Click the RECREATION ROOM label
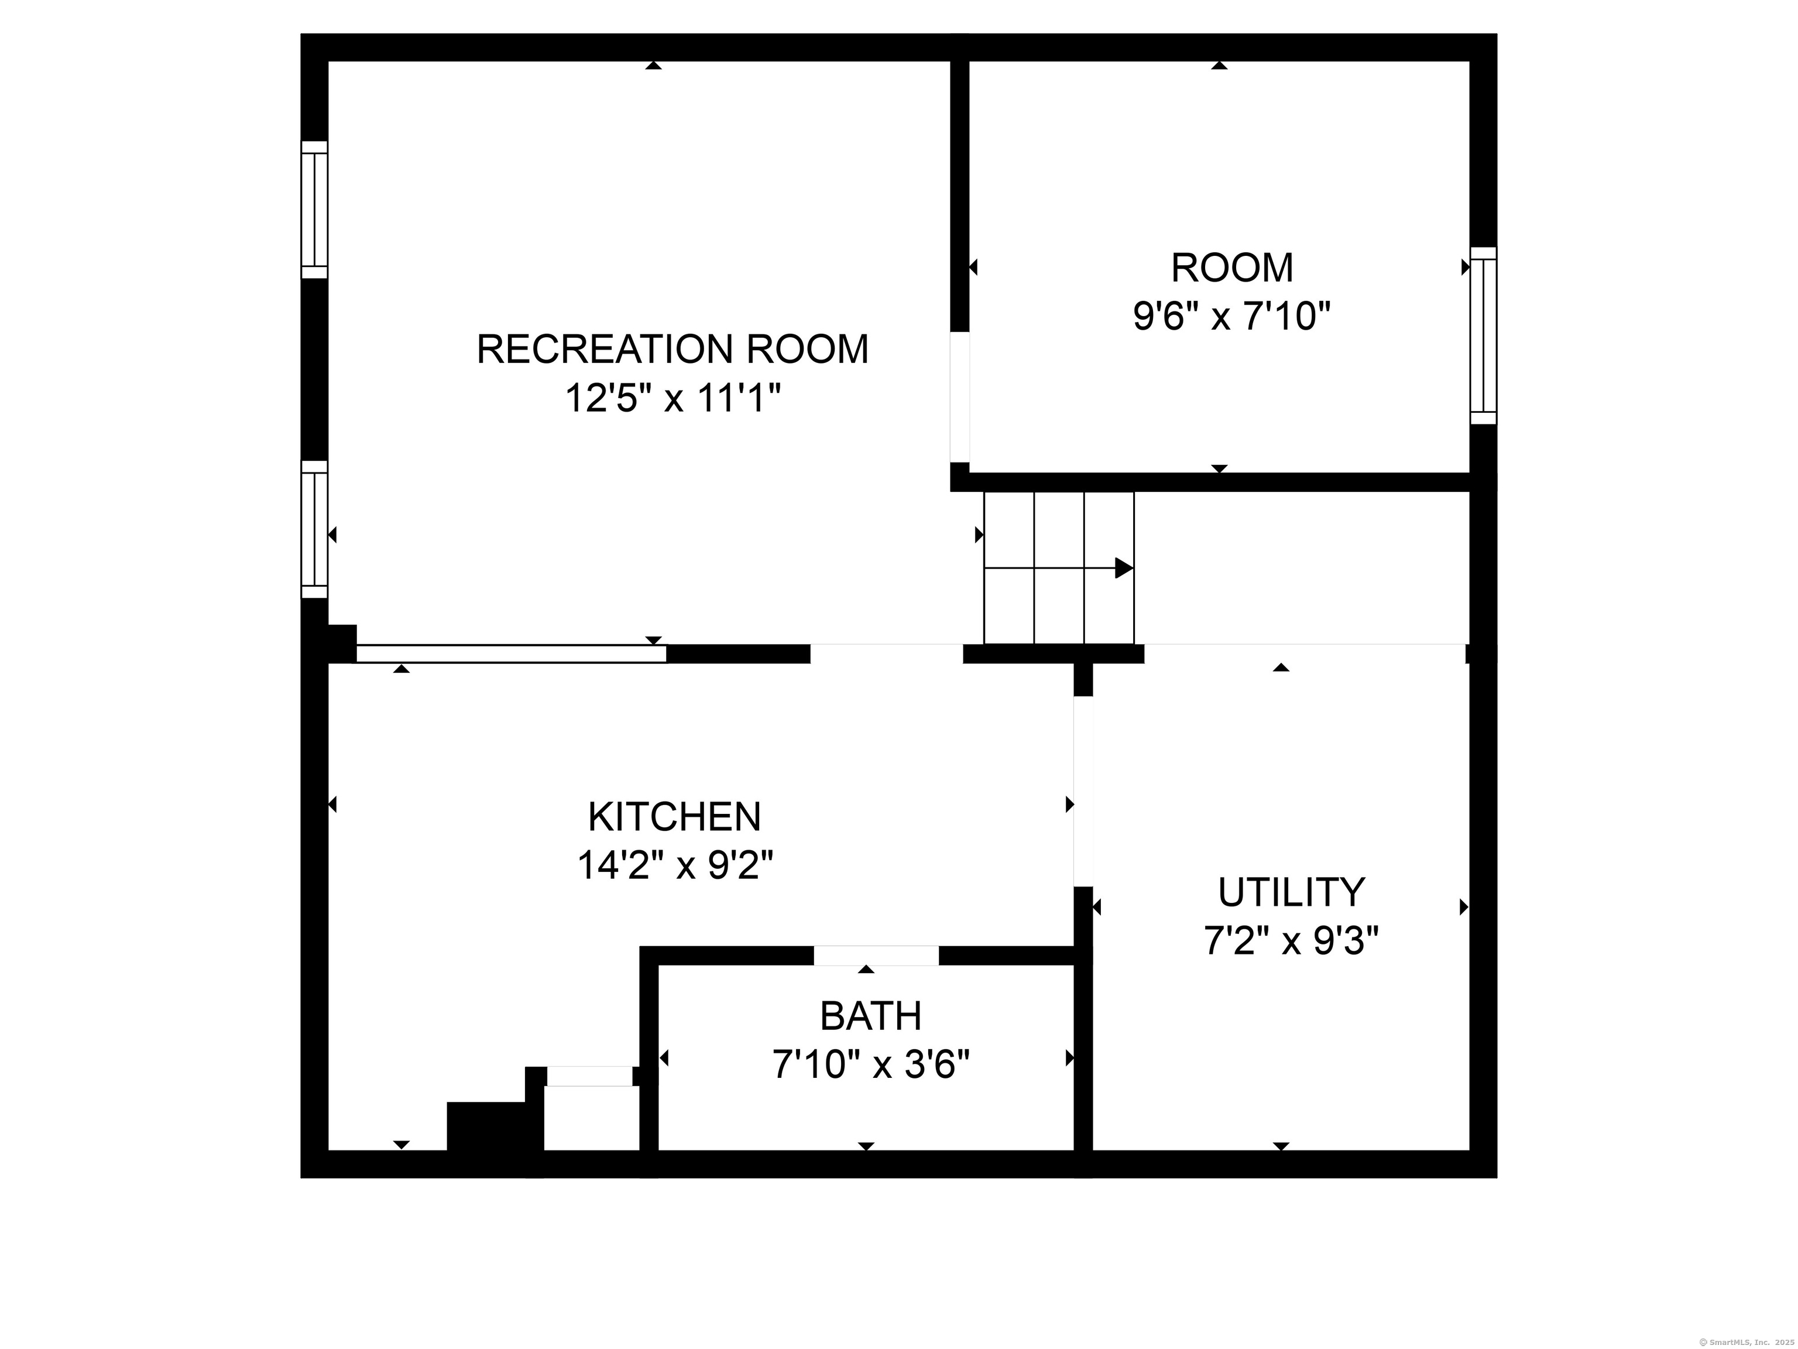click(x=672, y=349)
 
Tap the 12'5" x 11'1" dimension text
click(x=672, y=399)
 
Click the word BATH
click(x=870, y=1016)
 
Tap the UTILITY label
click(x=1291, y=892)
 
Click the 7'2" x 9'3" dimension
click(x=1291, y=941)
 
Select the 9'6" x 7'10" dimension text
click(x=1231, y=316)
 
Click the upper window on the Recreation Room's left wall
click(x=314, y=210)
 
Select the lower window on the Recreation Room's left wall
click(x=314, y=529)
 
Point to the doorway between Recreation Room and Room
click(x=960, y=397)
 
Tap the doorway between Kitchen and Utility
click(x=1083, y=791)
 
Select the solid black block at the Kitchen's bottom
click(x=487, y=1126)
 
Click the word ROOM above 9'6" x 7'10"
click(x=1231, y=268)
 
